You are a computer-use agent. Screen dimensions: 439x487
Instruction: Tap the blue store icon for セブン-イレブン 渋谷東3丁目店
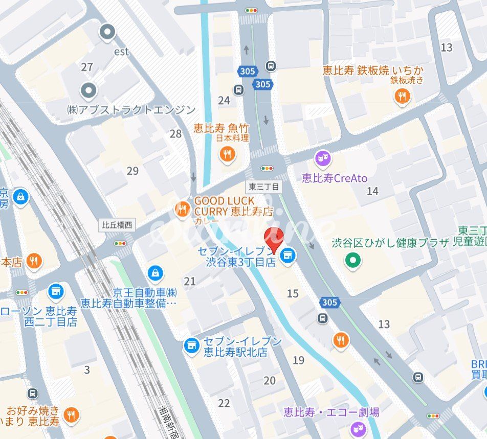[288, 254]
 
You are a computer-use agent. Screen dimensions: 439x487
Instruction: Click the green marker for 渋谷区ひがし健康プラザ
[352, 261]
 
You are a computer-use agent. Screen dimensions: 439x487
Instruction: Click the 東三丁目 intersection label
[263, 187]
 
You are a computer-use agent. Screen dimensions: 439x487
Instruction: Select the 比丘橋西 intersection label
[117, 224]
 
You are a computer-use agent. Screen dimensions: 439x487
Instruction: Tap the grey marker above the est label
[108, 33]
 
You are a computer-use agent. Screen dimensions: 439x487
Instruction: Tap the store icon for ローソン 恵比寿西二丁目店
[56, 292]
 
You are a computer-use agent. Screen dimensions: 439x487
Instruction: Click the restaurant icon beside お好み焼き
[72, 415]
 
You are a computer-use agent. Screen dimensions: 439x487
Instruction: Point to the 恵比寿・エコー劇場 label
[331, 412]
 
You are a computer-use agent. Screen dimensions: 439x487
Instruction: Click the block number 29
[132, 171]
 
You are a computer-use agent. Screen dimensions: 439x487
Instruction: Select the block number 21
[190, 281]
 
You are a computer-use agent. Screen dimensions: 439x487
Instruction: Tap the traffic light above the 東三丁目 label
[267, 168]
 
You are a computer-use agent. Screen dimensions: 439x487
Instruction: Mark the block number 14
[372, 191]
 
